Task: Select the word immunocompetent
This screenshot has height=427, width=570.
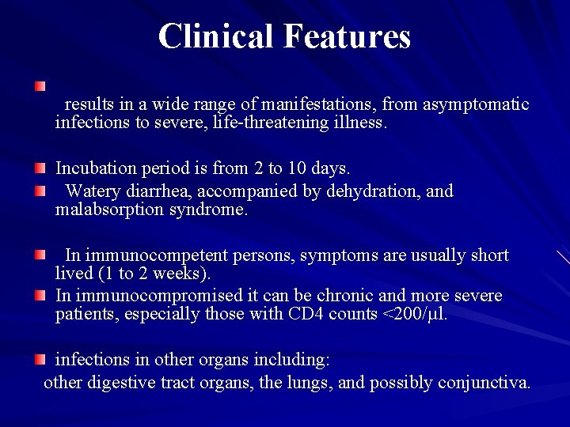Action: [169, 255]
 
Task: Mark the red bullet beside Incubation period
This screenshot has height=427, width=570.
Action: [40, 168]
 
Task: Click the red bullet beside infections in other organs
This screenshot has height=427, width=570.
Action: [40, 360]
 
